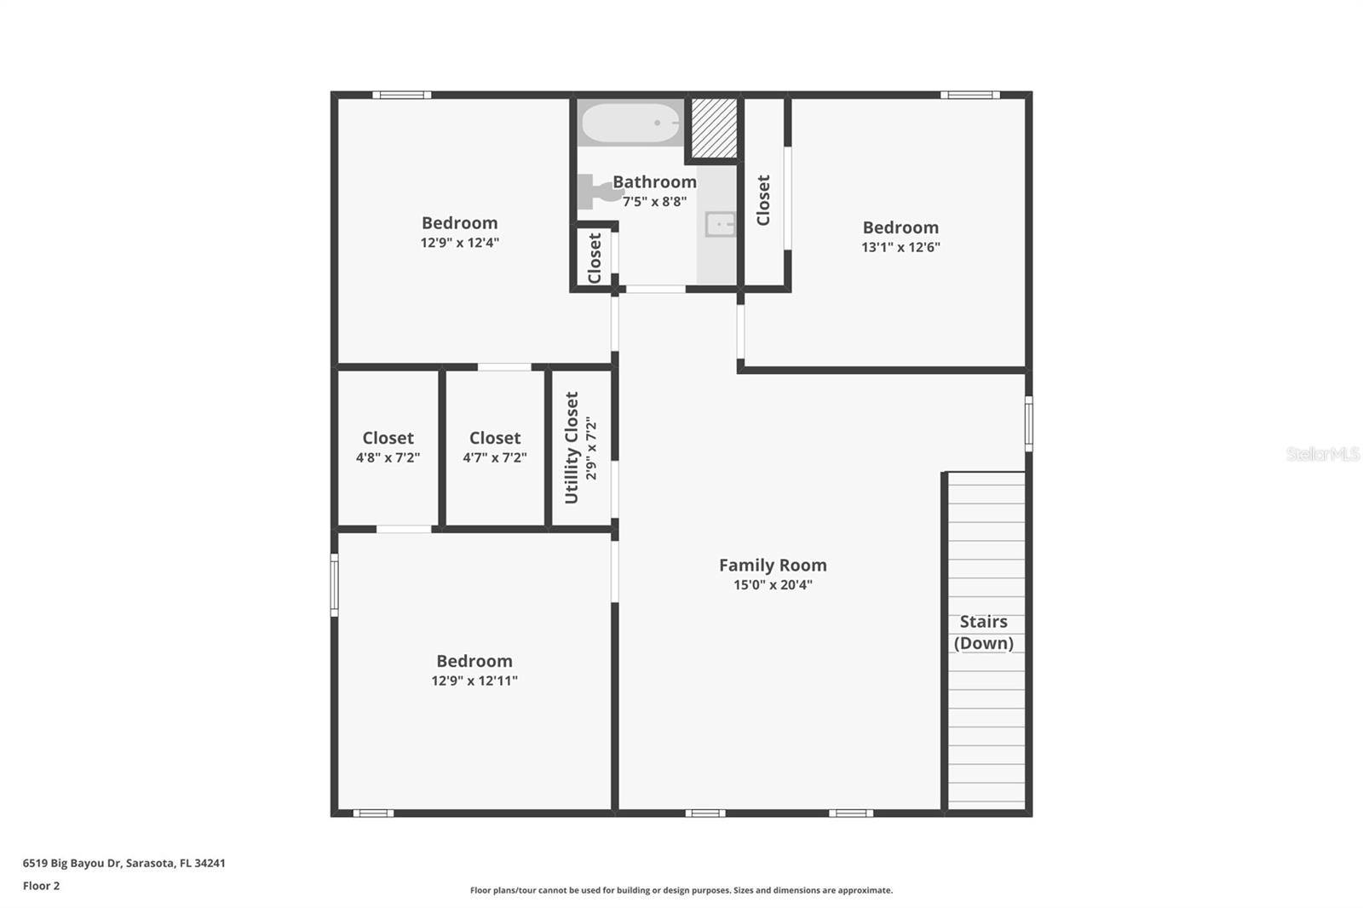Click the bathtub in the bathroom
click(631, 123)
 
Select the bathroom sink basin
click(720, 225)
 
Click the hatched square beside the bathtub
click(714, 129)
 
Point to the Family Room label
click(773, 565)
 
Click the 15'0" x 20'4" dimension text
click(773, 585)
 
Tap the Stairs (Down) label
click(984, 632)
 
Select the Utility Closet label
click(572, 447)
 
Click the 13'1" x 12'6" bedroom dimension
click(900, 247)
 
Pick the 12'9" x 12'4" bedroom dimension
click(459, 243)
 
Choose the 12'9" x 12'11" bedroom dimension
click(474, 681)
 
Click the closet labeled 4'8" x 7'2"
click(388, 446)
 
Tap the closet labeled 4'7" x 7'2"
click(495, 446)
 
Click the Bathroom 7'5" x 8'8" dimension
click(654, 202)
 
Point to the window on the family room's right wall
click(1028, 423)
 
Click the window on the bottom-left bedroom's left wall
click(335, 584)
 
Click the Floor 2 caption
click(41, 886)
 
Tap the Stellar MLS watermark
click(1322, 454)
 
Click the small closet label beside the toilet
click(595, 257)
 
